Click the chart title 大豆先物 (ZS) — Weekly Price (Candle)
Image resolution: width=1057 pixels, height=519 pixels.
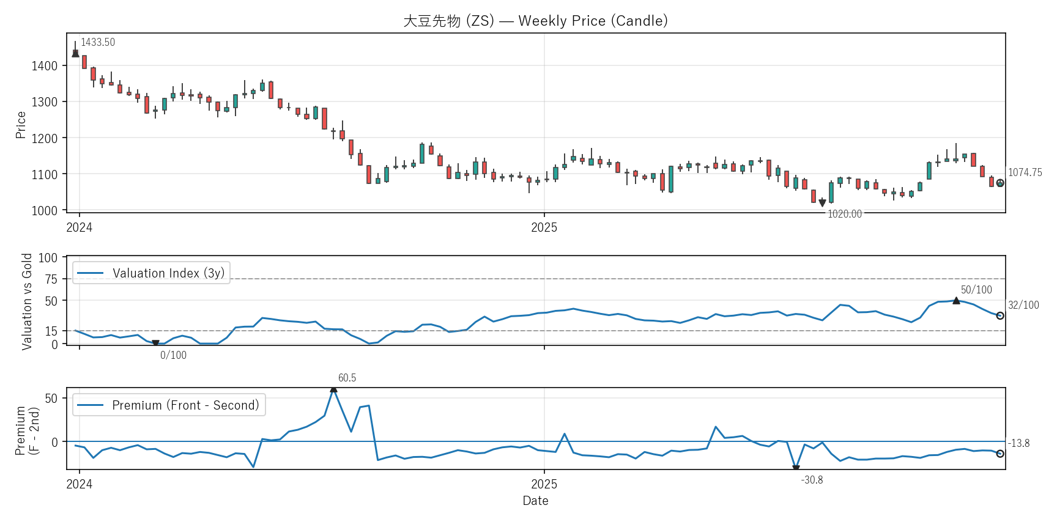click(535, 21)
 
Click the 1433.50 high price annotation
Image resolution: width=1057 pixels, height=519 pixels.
click(98, 42)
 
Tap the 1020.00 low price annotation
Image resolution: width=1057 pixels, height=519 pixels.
click(844, 214)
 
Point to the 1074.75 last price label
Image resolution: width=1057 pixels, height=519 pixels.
click(1025, 172)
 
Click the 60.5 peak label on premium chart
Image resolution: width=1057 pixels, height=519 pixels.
click(347, 378)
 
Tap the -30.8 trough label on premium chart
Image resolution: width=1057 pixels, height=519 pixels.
click(812, 480)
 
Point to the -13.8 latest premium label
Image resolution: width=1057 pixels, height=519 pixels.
click(1018, 443)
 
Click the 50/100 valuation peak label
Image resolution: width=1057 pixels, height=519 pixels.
click(976, 290)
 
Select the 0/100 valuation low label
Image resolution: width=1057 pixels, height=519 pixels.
click(173, 355)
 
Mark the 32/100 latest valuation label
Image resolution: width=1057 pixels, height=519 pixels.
click(1023, 305)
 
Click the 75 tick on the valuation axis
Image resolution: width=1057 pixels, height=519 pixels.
click(51, 279)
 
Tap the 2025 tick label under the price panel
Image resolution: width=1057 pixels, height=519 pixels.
click(544, 227)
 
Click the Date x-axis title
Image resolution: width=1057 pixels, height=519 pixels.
click(535, 501)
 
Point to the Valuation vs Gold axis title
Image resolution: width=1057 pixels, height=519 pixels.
click(27, 301)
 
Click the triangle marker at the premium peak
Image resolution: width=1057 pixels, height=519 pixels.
click(333, 389)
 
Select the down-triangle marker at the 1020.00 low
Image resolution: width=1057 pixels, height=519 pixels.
click(822, 203)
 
